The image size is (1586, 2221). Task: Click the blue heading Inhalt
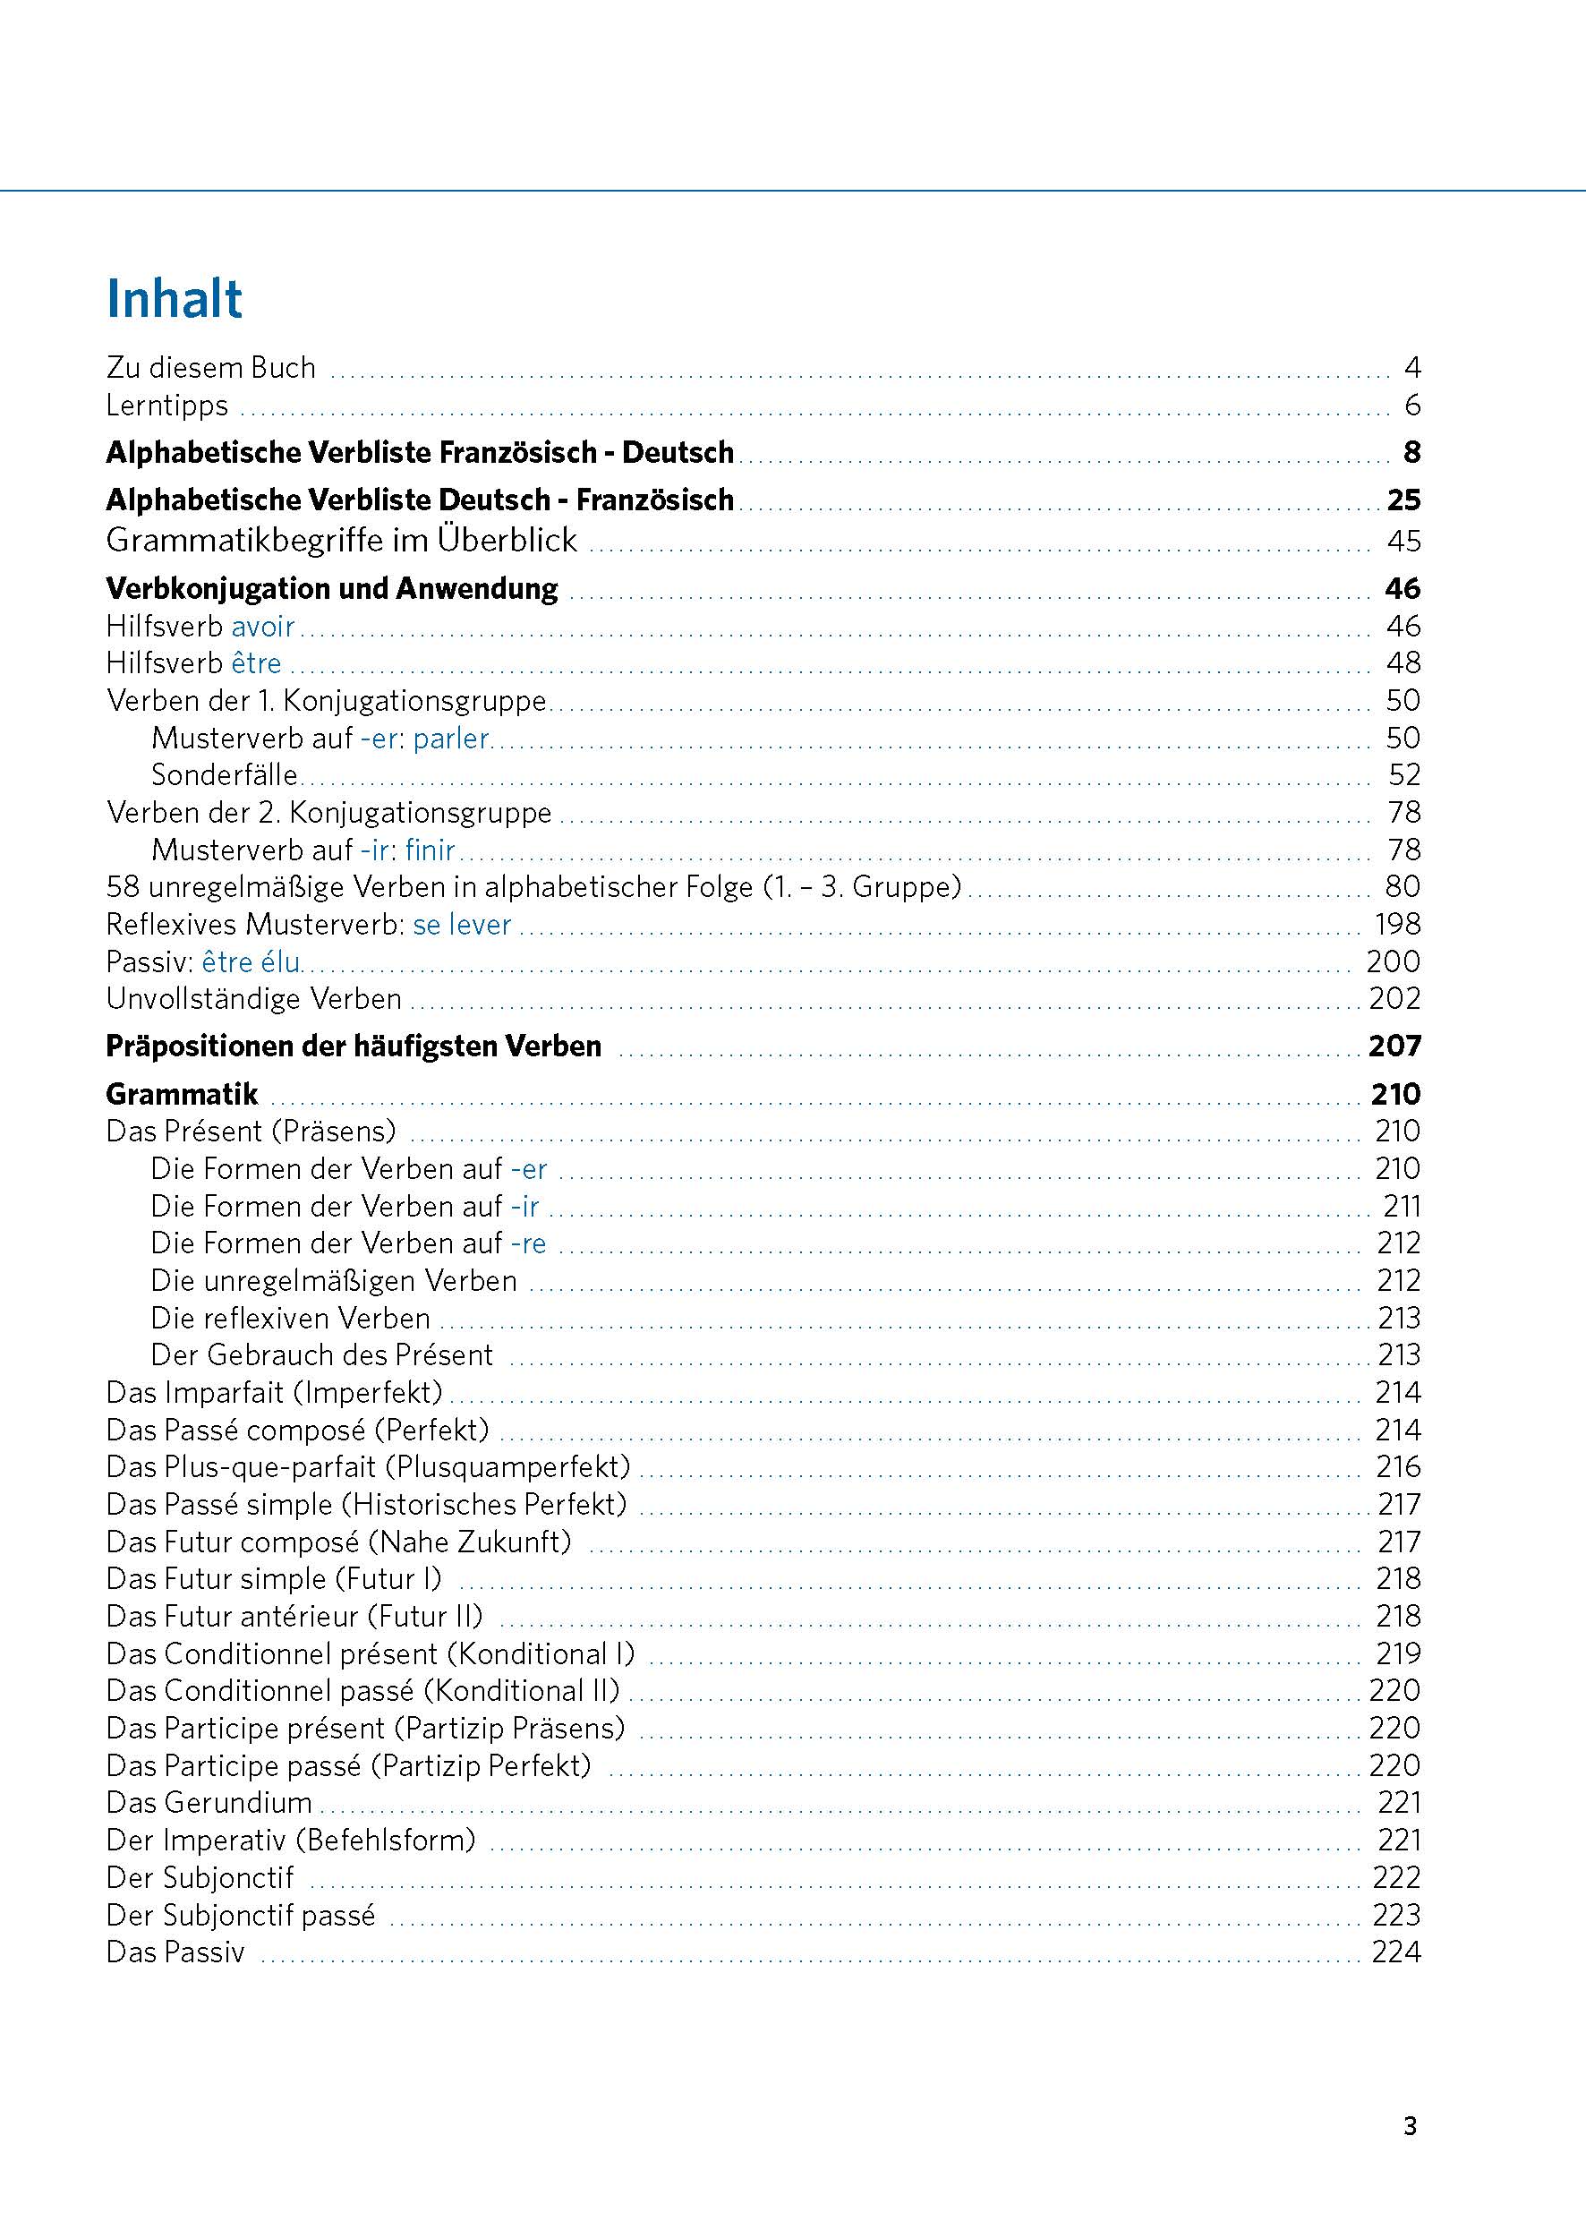coord(174,299)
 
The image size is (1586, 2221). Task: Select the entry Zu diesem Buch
coord(211,368)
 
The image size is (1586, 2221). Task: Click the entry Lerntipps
coord(167,406)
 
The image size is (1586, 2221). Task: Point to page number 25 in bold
coord(1403,500)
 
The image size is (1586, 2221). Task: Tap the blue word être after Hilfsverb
coord(256,663)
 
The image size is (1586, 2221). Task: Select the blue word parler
coord(450,739)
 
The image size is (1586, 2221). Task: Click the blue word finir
coord(430,850)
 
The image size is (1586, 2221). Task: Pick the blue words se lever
coord(462,925)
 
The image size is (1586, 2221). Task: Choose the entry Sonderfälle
coord(225,775)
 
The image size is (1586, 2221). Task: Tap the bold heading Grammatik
coord(182,1094)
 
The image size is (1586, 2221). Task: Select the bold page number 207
coord(1394,1046)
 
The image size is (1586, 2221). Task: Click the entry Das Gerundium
coord(209,1802)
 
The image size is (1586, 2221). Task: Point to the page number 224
coord(1395,1952)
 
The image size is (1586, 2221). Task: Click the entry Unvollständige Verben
coord(254,999)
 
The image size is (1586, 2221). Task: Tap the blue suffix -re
coord(528,1243)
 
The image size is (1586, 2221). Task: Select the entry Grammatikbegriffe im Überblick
coord(341,540)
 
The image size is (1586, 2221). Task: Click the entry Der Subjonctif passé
coord(240,1914)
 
